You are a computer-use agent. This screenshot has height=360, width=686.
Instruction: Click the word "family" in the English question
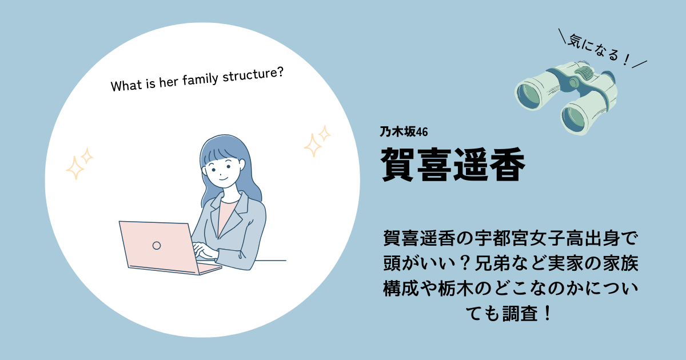pyautogui.click(x=200, y=79)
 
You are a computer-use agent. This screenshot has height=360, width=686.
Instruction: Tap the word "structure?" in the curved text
pyautogui.click(x=253, y=75)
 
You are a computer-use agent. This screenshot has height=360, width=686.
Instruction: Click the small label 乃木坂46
pyautogui.click(x=404, y=132)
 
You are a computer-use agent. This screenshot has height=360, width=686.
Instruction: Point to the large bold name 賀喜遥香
pyautogui.click(x=453, y=164)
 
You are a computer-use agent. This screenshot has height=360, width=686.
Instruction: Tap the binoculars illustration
pyautogui.click(x=565, y=98)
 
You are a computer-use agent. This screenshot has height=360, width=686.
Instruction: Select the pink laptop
pyautogui.click(x=169, y=248)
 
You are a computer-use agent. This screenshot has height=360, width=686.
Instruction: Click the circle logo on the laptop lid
pyautogui.click(x=157, y=246)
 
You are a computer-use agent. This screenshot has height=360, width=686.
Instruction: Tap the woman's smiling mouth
pyautogui.click(x=224, y=178)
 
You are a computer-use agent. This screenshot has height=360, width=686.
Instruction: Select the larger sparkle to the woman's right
pyautogui.click(x=312, y=145)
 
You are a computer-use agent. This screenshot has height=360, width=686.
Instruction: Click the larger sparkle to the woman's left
pyautogui.click(x=75, y=168)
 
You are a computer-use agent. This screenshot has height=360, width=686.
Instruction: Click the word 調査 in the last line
pyautogui.click(x=520, y=314)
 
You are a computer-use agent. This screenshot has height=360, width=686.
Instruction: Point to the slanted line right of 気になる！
pyautogui.click(x=640, y=64)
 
